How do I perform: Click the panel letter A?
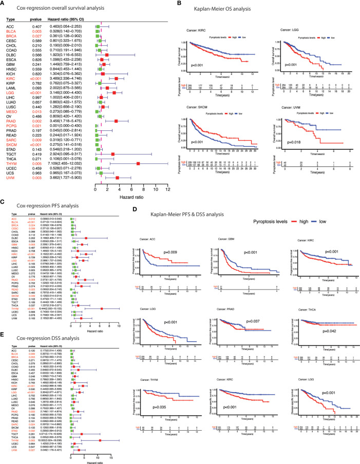pyautogui.click(x=5, y=4)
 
